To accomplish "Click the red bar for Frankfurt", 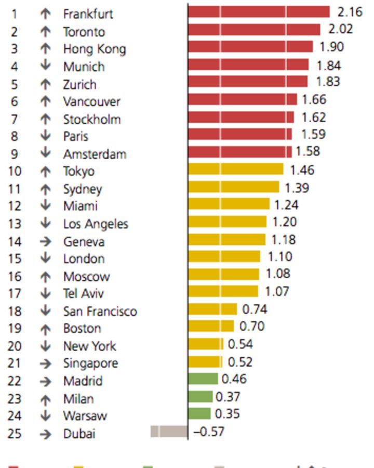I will point(259,12).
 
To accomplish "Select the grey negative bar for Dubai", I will point(169,432).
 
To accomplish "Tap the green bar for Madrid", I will point(203,379).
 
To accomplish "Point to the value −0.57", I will point(209,432).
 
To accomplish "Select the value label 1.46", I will point(302,170).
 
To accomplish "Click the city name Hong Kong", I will point(94,49).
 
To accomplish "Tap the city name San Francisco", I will point(100,311).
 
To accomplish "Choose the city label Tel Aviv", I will point(83,293).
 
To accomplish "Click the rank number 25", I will point(15,434).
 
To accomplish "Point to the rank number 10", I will point(15,171).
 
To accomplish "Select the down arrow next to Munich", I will point(46,66).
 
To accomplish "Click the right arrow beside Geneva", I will point(46,241).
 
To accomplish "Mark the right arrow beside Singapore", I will point(46,363).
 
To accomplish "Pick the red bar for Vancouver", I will point(243,99).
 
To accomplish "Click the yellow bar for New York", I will point(206,344).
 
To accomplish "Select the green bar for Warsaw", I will point(199,414).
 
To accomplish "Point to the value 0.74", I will point(255,309).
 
